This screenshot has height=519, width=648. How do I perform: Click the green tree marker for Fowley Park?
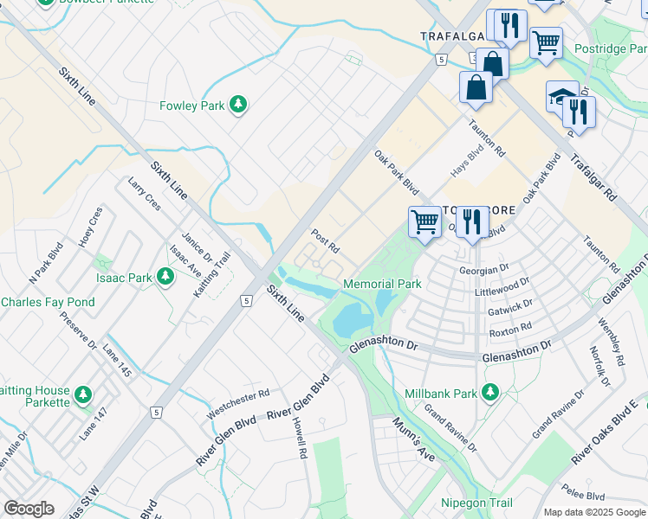click(x=238, y=106)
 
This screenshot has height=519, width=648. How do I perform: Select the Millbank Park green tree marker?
click(x=490, y=393)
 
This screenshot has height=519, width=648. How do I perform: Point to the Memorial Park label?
click(x=382, y=284)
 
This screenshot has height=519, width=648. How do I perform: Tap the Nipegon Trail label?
click(x=476, y=503)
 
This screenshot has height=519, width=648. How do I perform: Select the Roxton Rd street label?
click(x=510, y=330)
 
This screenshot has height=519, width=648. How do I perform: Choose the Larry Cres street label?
click(x=144, y=196)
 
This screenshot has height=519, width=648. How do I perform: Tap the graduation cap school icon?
click(x=561, y=96)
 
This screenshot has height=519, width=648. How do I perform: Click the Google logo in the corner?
click(x=29, y=509)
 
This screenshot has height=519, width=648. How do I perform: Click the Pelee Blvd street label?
click(x=584, y=497)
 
